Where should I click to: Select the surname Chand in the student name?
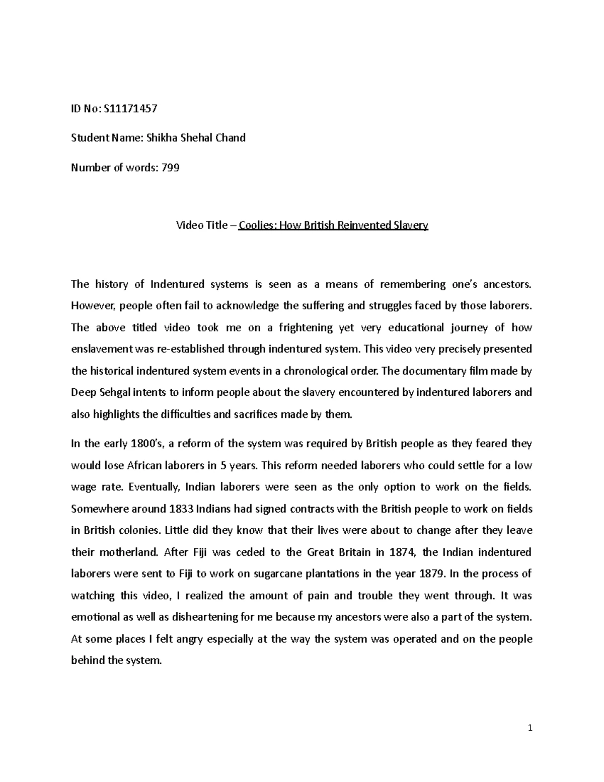tap(230, 138)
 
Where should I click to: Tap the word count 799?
tap(170, 168)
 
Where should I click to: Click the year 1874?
tap(403, 552)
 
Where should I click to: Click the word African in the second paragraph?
tap(145, 465)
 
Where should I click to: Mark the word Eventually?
tap(154, 487)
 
